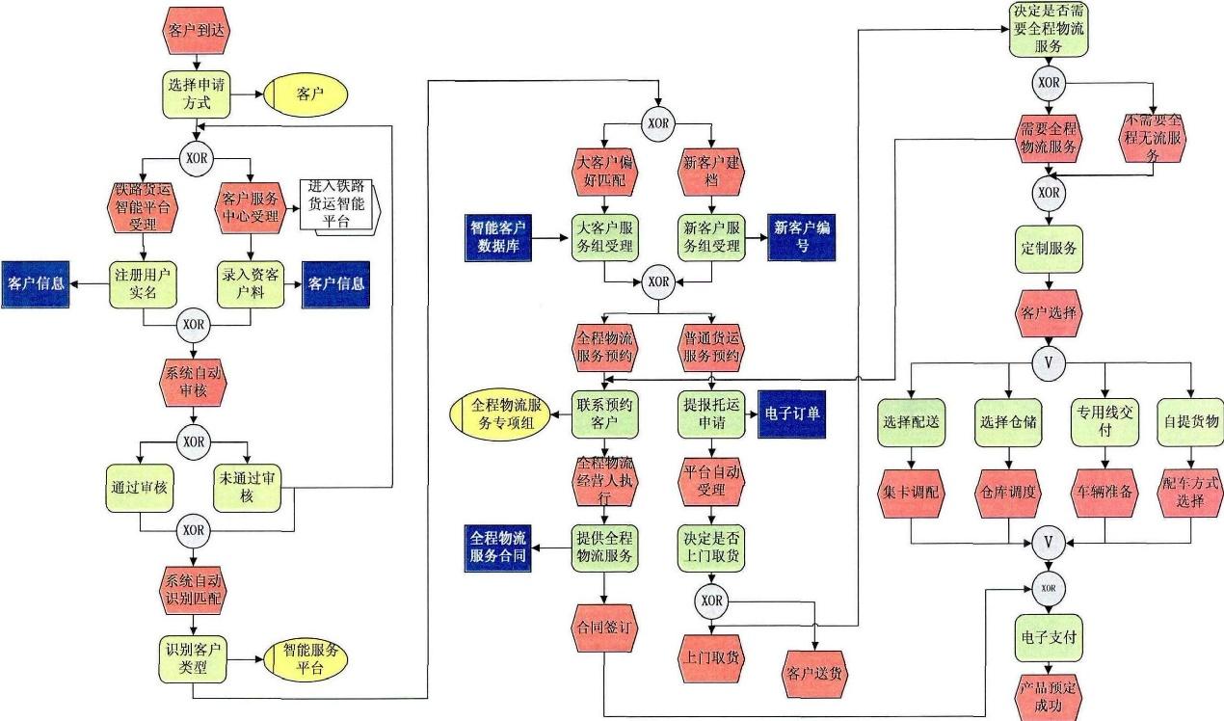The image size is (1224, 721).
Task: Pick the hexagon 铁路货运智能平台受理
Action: click(142, 208)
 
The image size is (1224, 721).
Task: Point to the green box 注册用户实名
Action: click(142, 283)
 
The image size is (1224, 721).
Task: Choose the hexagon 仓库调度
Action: click(1008, 492)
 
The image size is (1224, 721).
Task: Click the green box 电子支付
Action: click(1048, 637)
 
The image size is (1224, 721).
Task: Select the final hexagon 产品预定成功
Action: click(1048, 696)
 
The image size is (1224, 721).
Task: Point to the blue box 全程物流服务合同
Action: click(499, 547)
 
